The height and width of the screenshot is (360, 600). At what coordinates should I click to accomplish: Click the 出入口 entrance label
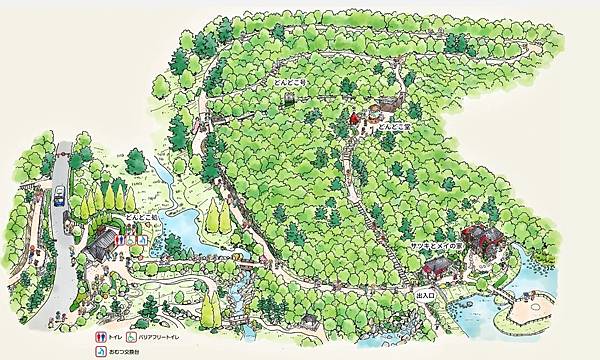pos(423,295)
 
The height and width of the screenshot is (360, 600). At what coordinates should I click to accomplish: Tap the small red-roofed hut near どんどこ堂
pos(353,121)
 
